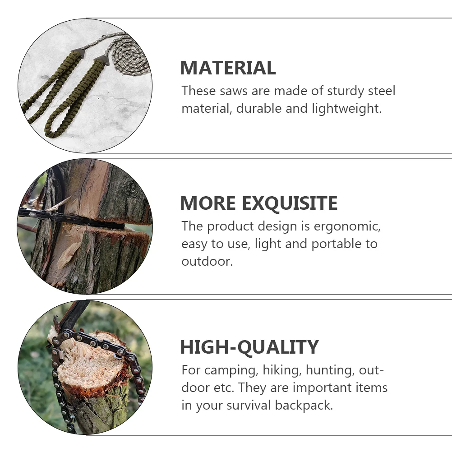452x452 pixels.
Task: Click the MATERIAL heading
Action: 228,68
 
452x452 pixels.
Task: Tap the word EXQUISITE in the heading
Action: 289,203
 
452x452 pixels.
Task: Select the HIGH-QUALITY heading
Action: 249,347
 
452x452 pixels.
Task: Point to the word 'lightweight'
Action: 346,109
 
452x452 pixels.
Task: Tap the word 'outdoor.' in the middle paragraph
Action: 207,262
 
